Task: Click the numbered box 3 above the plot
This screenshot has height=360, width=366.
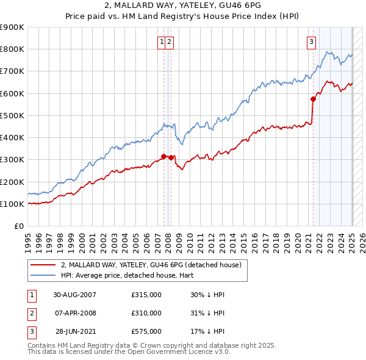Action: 311,42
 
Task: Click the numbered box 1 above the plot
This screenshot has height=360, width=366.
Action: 162,42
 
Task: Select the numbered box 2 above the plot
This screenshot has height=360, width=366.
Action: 170,42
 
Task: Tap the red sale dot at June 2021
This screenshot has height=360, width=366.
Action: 313,99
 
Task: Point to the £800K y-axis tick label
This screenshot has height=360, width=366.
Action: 12,49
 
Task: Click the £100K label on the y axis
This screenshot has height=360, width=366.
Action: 12,204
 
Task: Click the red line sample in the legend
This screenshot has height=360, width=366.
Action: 42,265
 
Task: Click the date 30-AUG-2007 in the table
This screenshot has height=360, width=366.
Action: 74,295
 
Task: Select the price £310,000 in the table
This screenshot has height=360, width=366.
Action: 146,313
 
